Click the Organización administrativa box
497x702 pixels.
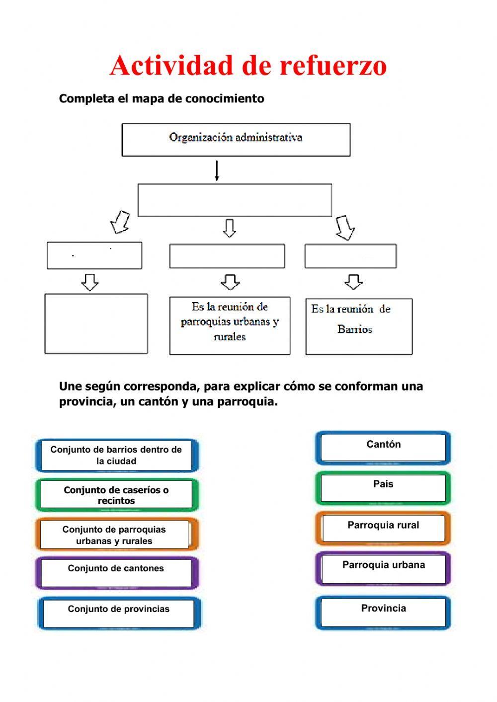(236, 140)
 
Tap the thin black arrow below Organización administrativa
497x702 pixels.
(217, 170)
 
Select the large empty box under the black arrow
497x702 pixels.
(235, 200)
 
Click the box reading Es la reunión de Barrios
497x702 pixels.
(358, 326)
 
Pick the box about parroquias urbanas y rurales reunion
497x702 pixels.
(230, 325)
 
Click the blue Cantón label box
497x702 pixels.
(383, 448)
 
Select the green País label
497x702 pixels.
(383, 487)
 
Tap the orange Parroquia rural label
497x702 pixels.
(383, 528)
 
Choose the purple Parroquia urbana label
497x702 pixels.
(383, 568)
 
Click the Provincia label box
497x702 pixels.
(383, 612)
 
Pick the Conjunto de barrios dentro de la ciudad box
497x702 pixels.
(116, 455)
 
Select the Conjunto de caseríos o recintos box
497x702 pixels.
(116, 495)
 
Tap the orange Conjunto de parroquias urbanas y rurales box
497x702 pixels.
(115, 535)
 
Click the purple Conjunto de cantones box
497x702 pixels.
(116, 572)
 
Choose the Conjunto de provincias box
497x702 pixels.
(119, 613)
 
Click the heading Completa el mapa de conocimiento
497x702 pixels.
(162, 98)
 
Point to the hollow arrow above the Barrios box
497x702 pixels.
(353, 282)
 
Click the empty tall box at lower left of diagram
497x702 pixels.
(96, 323)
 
